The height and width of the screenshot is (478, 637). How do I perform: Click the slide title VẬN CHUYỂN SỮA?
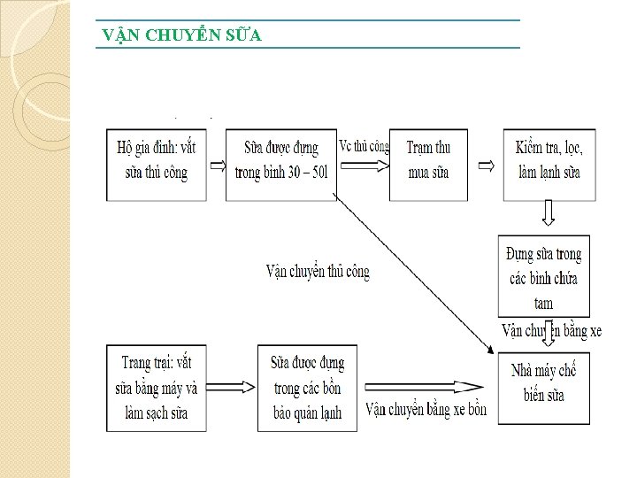(181, 35)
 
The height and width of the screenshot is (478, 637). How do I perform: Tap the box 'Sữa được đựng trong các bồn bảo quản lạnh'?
(307, 387)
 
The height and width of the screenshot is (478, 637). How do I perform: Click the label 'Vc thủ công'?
(364, 146)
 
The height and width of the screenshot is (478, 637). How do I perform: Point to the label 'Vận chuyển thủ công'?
(318, 271)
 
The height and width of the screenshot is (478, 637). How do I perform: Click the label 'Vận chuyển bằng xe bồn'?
(426, 409)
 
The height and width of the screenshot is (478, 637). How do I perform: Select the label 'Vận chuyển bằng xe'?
(551, 331)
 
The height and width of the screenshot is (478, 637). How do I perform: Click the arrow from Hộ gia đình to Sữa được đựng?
(217, 166)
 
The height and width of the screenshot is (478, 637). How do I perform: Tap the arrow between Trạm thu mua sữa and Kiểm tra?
(486, 166)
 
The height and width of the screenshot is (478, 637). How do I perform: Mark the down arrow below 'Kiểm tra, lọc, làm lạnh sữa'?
(549, 212)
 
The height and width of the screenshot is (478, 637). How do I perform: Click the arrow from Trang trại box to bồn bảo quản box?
(234, 386)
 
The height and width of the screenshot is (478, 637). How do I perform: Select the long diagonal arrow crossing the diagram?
(416, 274)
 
